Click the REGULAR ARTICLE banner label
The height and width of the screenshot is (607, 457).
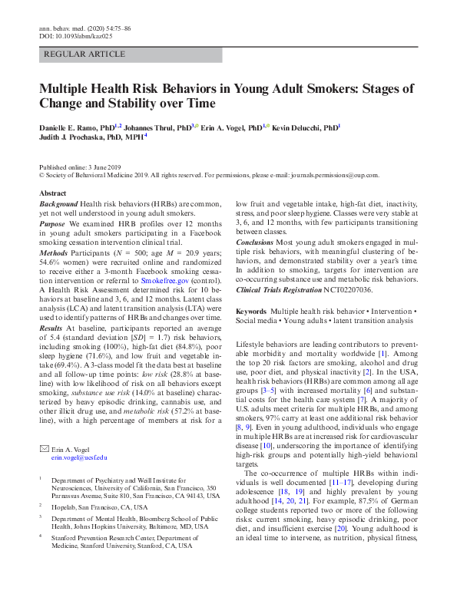coord(84,54)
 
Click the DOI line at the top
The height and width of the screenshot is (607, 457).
coord(75,36)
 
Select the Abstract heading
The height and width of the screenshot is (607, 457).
coord(52,193)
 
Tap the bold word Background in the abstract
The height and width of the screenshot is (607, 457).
coord(58,203)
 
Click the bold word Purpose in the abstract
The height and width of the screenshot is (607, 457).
coord(53,223)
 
